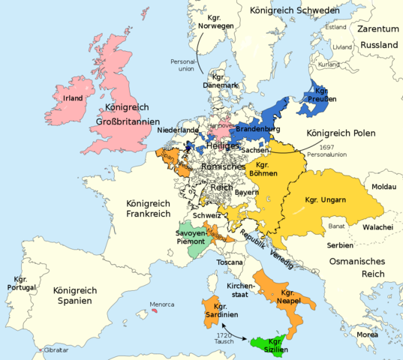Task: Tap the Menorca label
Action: pos(162,304)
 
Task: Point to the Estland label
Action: pos(335,27)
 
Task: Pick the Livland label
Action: pos(341,46)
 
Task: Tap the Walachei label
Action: pos(380,226)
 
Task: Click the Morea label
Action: pos(367,334)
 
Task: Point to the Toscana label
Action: pos(230,263)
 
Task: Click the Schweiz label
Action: pos(207,215)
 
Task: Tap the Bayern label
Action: pos(246,193)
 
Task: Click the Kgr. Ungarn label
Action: pos(325,199)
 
